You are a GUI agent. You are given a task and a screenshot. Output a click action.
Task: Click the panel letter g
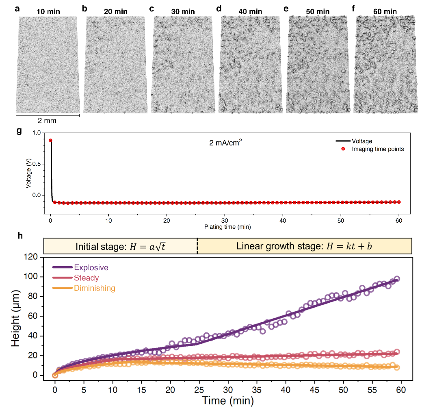[17, 132]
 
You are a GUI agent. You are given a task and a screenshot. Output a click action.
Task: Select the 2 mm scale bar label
[47, 121]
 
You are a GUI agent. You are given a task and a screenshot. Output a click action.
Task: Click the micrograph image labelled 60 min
[385, 64]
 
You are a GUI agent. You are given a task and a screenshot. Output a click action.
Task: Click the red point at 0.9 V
[50, 141]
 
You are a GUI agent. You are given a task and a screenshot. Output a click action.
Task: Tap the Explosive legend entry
[91, 267]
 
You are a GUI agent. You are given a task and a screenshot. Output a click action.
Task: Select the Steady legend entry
[86, 278]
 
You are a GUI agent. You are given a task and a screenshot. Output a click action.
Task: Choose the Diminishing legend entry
[94, 288]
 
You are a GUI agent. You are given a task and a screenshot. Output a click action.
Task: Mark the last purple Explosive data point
[397, 279]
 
